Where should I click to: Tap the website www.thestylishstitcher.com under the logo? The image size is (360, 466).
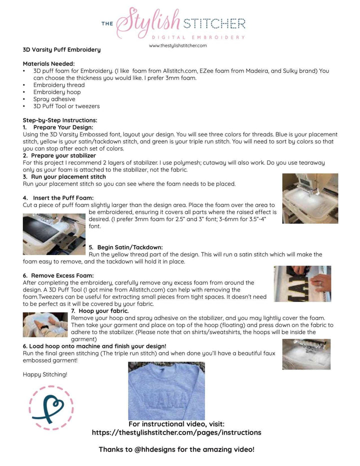177,45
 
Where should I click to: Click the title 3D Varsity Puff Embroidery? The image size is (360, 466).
61,49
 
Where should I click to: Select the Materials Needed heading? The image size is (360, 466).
48,63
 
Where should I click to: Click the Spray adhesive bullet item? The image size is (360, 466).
54,99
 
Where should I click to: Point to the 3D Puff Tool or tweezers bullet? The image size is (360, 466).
66,106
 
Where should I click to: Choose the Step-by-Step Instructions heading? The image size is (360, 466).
60,120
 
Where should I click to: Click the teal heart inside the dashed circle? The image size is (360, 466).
51,407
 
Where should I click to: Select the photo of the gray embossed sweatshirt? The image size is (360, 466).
166,391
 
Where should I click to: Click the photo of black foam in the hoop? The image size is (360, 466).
54,234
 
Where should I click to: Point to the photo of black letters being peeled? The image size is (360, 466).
302,283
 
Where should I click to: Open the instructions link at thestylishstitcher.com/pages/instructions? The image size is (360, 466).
176,432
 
